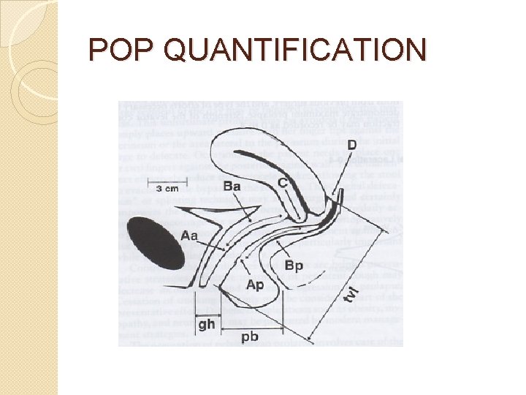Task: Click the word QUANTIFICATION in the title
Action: tap(295, 50)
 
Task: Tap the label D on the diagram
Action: tap(352, 146)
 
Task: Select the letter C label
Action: tap(282, 180)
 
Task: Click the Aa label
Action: tap(189, 236)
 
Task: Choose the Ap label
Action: tap(255, 285)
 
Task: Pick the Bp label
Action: tap(294, 265)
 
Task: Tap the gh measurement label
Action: tap(207, 323)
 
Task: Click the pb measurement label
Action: tap(250, 337)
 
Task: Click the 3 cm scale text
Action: tap(167, 188)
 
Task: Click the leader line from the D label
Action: tap(345, 172)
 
